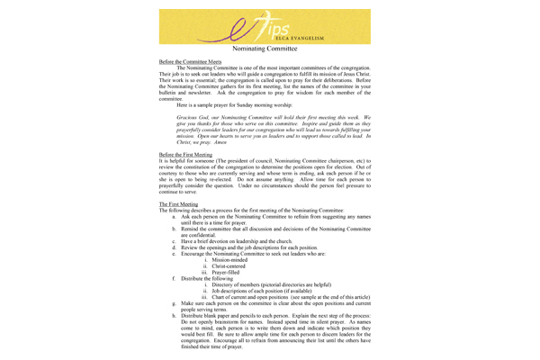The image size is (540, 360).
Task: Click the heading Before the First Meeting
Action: click(x=187, y=154)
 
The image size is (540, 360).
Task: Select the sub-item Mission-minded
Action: click(x=242, y=260)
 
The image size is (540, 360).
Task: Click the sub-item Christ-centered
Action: click(x=242, y=267)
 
